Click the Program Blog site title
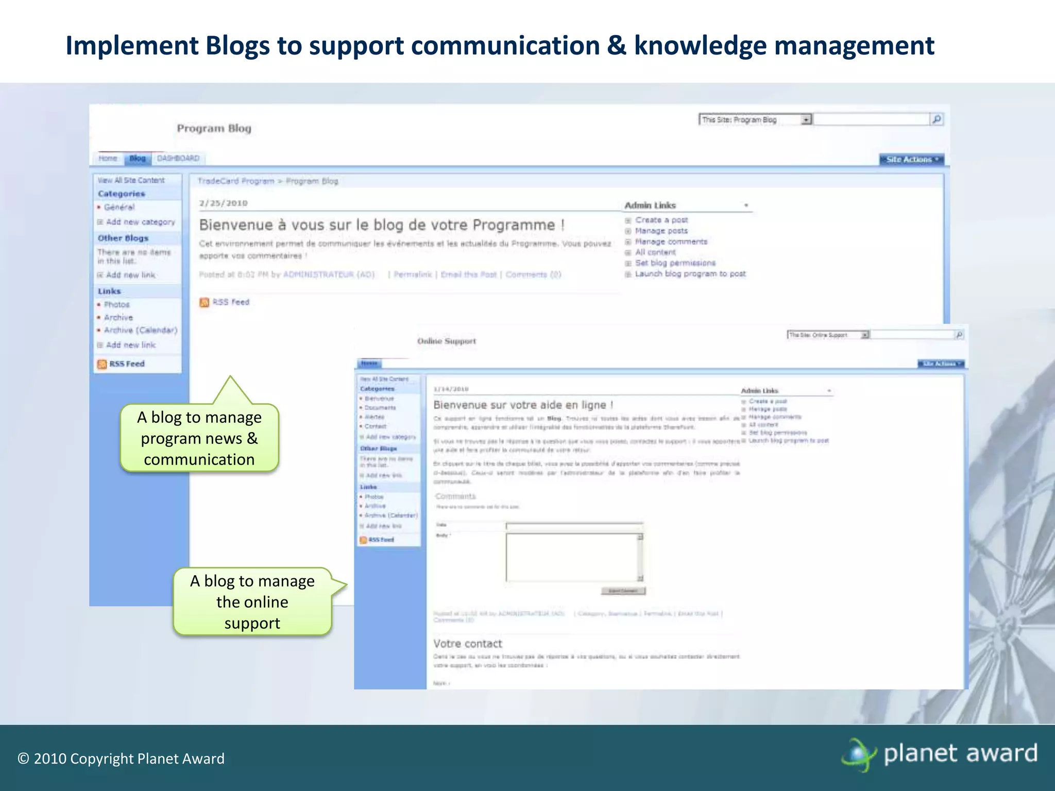(x=214, y=128)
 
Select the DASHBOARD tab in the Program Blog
(x=178, y=158)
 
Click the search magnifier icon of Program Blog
(x=937, y=119)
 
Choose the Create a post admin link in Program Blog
(x=661, y=220)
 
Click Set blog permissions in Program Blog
(x=675, y=263)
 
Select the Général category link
(x=119, y=207)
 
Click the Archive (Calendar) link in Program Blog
(x=140, y=330)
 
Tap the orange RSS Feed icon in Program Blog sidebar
(x=102, y=364)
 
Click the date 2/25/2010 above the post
(x=223, y=203)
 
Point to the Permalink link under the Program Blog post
(x=413, y=274)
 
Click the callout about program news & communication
(x=199, y=438)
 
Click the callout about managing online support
(x=252, y=601)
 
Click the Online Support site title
(x=446, y=341)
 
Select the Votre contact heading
(x=467, y=644)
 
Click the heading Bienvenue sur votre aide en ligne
(x=523, y=405)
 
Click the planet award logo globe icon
(x=858, y=754)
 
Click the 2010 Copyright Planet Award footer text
(x=121, y=759)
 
